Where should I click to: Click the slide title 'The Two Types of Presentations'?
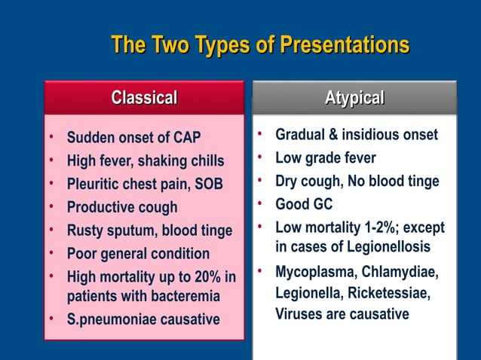coord(260,45)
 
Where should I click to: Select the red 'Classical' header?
coord(144,98)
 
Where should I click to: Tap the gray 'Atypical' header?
coord(354,98)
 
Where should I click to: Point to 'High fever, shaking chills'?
coord(146,161)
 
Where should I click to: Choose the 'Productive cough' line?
coord(122,207)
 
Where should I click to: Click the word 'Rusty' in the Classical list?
coord(84,230)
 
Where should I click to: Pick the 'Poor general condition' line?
coord(138,254)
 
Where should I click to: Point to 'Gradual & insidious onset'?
coord(356,135)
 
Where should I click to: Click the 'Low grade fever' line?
coord(326,158)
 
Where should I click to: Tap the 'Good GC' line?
coord(304,204)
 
